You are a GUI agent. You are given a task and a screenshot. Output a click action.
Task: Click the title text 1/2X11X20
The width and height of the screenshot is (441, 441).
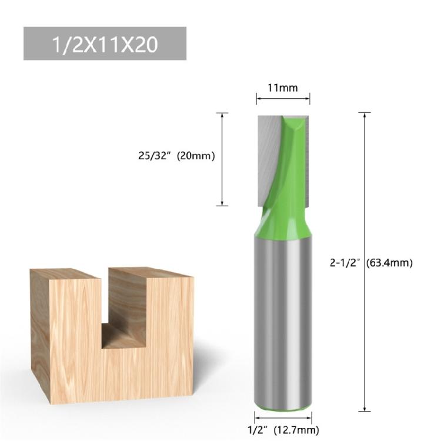tap(104, 44)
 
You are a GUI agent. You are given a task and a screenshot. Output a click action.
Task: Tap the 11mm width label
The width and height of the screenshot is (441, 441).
tap(283, 88)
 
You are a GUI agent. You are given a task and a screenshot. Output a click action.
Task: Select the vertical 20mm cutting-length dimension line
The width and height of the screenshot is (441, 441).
tap(222, 159)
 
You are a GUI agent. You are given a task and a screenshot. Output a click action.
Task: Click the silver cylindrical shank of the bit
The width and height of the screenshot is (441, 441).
tap(283, 318)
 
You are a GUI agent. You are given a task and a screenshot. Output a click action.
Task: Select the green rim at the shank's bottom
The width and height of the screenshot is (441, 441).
tap(283, 405)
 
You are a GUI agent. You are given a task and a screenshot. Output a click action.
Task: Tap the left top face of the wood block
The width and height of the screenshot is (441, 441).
tap(65, 273)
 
